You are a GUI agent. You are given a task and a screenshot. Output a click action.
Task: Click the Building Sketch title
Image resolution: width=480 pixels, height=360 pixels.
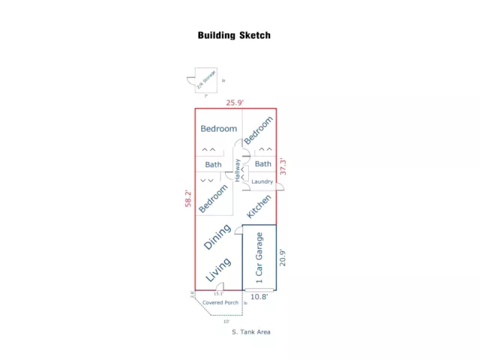(234, 35)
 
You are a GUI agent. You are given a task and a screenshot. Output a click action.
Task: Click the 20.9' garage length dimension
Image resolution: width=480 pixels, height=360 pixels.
(283, 258)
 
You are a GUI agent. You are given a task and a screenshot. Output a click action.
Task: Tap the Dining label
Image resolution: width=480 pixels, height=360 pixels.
(217, 236)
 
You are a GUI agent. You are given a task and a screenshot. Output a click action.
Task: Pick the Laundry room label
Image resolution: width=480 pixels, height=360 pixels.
(262, 181)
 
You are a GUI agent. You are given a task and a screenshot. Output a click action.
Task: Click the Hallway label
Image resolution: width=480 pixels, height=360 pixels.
(238, 172)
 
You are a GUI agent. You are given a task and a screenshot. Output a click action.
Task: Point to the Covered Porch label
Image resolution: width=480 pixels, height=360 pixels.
(220, 303)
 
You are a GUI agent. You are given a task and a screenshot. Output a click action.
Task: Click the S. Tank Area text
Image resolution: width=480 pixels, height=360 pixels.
(251, 331)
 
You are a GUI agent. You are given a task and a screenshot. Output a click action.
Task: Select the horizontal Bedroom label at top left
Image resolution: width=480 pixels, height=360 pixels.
(218, 129)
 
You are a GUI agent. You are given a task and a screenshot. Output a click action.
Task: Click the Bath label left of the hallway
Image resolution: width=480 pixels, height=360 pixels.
(214, 164)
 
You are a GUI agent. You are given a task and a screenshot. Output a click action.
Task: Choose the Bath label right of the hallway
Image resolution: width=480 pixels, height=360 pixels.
(262, 164)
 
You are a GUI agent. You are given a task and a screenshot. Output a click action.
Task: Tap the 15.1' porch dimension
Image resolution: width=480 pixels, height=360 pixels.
(217, 294)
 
